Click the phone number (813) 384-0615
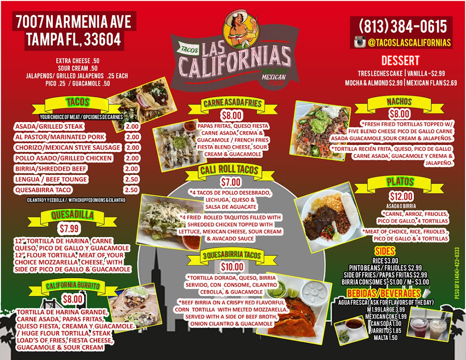point(403,27)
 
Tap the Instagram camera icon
point(360,42)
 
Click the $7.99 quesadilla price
point(70,228)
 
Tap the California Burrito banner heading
point(73,286)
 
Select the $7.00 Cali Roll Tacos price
point(231,182)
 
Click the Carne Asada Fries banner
point(232,103)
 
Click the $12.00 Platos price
point(402,197)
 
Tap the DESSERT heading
point(400,61)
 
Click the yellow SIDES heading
point(384,251)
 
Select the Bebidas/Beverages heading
point(384,293)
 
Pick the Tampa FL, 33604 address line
point(73,39)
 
